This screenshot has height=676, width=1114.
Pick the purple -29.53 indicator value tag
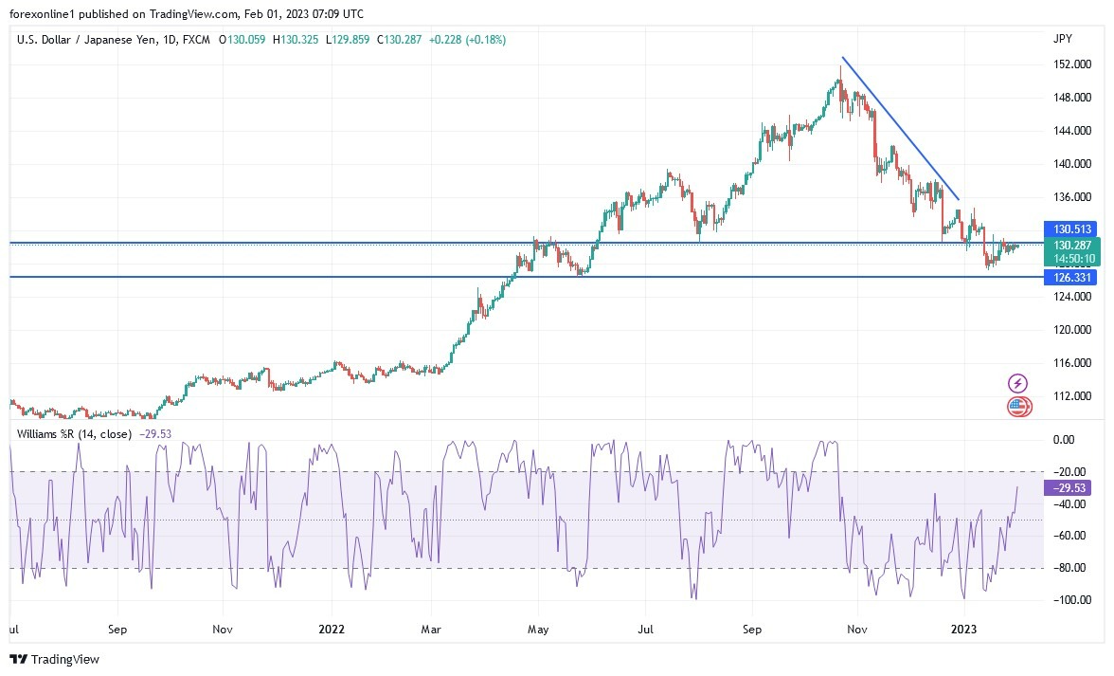[1069, 487]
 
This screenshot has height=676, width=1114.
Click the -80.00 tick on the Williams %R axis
[1069, 568]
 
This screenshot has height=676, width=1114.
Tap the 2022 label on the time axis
[332, 628]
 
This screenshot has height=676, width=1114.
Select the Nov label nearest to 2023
[858, 628]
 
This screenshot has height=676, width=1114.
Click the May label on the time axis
[538, 628]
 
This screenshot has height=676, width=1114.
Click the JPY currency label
[1062, 38]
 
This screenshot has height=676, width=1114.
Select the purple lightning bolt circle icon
[1017, 383]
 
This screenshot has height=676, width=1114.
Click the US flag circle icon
[1017, 407]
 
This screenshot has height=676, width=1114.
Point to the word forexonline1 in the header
[41, 14]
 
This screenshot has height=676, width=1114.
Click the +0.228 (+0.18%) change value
[467, 40]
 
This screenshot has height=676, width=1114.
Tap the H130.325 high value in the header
[296, 40]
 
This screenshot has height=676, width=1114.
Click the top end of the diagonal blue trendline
[842, 59]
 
